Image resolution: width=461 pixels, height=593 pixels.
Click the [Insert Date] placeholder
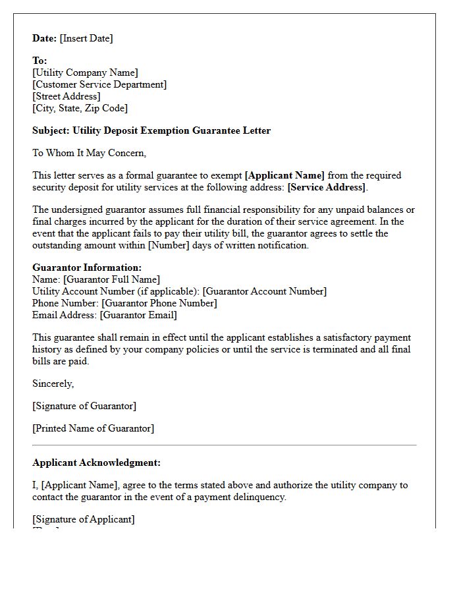click(86, 38)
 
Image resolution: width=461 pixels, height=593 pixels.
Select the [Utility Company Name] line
click(85, 72)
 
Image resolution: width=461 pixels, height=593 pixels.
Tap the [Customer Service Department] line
click(99, 84)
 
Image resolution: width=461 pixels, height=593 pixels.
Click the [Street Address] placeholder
click(67, 96)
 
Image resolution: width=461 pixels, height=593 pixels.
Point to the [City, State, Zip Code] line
click(80, 108)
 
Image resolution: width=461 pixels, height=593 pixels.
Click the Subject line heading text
click(151, 130)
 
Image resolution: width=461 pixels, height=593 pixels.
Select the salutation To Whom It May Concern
click(90, 153)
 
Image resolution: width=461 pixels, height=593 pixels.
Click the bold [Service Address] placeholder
click(327, 187)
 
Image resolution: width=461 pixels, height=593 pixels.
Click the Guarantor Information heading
click(87, 268)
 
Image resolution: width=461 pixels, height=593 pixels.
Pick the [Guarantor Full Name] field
click(111, 279)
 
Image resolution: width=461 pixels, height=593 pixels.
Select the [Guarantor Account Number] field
click(264, 291)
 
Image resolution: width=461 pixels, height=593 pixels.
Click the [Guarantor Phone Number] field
click(159, 303)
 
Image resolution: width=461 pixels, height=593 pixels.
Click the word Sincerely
click(53, 383)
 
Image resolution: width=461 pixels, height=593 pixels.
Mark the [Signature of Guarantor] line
click(84, 406)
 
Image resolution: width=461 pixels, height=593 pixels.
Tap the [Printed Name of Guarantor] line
click(93, 428)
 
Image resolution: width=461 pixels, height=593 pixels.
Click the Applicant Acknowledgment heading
click(96, 463)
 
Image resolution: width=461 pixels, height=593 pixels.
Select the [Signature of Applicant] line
click(84, 519)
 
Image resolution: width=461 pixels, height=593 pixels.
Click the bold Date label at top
click(45, 38)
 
